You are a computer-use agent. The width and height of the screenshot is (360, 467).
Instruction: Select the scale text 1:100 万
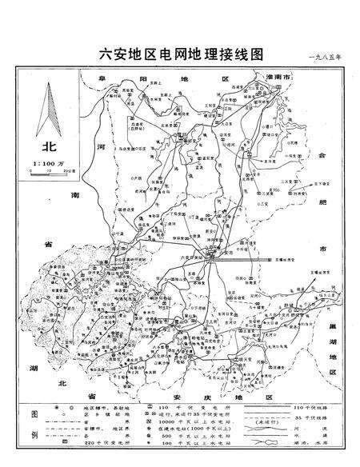tap(47, 163)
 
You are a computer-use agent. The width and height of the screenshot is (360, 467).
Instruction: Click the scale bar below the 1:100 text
tap(47, 171)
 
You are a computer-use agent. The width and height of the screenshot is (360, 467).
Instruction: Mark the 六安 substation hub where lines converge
tap(206, 256)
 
